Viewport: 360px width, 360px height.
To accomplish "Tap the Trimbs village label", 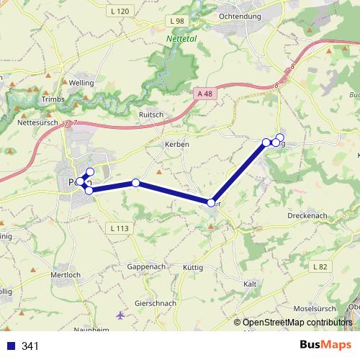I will [x=53, y=99].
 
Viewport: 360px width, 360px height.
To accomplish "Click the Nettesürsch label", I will [x=38, y=123].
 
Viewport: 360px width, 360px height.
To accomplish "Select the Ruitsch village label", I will [x=152, y=114].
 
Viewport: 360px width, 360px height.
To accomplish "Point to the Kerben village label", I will [x=176, y=144].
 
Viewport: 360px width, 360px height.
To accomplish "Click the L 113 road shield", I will [x=120, y=228].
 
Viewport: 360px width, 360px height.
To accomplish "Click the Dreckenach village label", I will [x=307, y=216].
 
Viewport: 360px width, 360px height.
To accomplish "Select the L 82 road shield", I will [x=320, y=266].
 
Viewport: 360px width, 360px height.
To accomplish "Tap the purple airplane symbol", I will [x=120, y=315].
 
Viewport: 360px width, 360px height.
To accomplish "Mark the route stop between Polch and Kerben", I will [x=135, y=183].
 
